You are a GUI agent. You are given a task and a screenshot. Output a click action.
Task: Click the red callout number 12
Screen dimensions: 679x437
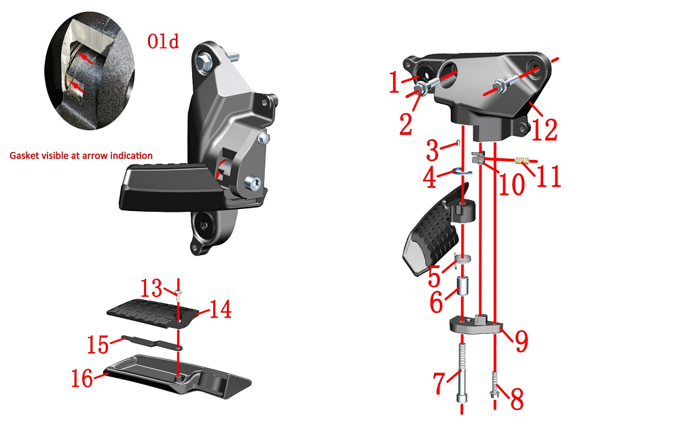(545, 130)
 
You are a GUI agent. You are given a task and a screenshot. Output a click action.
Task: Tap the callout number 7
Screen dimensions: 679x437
(439, 383)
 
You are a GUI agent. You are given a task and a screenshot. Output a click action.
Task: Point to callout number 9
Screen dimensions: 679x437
(521, 341)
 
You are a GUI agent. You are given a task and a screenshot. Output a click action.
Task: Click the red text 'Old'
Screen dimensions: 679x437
(163, 41)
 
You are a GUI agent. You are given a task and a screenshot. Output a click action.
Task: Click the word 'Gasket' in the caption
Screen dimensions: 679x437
(24, 155)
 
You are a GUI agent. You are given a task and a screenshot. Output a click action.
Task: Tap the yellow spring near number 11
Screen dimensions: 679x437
(522, 161)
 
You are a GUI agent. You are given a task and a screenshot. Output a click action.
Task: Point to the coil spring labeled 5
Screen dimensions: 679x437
(463, 260)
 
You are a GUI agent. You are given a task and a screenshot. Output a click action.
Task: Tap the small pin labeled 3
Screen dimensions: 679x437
(457, 143)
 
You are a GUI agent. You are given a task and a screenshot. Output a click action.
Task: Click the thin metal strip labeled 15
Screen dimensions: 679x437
(152, 342)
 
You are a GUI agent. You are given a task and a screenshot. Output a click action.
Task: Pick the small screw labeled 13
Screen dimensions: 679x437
(179, 295)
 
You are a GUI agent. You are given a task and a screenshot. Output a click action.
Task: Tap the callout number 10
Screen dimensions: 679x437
(511, 185)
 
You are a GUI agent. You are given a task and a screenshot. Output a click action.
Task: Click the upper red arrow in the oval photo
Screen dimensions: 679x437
(85, 58)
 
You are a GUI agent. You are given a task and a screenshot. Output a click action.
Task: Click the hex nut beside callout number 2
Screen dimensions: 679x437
(419, 89)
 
